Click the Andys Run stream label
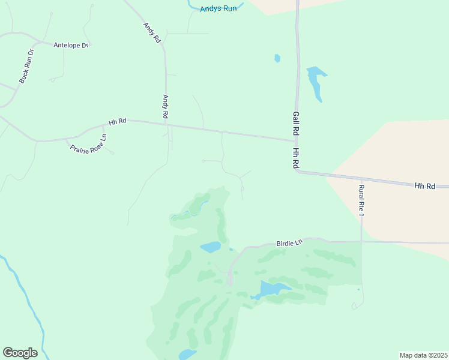click(218, 9)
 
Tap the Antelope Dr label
click(71, 45)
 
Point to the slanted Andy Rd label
click(152, 32)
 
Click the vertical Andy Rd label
click(166, 106)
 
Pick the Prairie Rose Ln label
click(88, 144)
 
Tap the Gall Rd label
click(296, 123)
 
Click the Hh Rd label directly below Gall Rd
click(296, 158)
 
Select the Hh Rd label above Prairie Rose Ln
click(117, 122)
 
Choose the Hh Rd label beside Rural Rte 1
click(424, 187)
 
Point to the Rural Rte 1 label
click(361, 200)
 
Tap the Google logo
click(20, 353)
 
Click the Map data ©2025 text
click(423, 355)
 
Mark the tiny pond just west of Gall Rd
click(277, 58)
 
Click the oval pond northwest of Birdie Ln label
click(211, 247)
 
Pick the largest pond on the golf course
click(273, 289)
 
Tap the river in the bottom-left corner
click(24, 294)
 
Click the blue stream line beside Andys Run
click(193, 5)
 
